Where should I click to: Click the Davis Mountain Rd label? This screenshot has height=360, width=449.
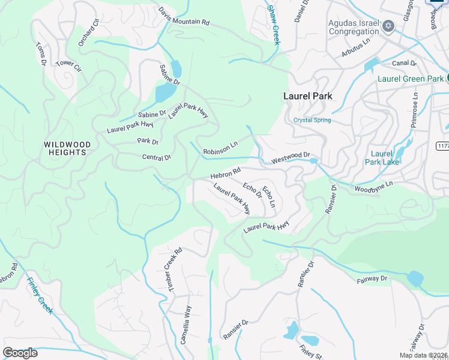point(184,16)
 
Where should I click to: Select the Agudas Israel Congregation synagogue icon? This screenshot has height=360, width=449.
point(388,26)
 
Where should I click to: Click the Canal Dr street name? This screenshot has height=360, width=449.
point(405,63)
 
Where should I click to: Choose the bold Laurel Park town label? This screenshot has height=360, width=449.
point(308,96)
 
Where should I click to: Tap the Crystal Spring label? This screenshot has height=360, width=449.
point(312,120)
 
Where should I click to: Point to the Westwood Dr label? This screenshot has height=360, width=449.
point(291,158)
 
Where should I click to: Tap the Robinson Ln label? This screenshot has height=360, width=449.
point(220,152)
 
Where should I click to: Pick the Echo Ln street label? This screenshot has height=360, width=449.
point(268,197)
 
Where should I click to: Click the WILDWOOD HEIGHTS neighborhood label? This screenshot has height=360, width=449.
point(67,148)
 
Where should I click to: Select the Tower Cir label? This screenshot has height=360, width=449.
point(68,63)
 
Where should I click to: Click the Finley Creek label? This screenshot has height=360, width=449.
point(40,296)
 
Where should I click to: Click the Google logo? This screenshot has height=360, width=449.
point(20,353)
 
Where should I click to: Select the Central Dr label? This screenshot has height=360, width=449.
point(157,158)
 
